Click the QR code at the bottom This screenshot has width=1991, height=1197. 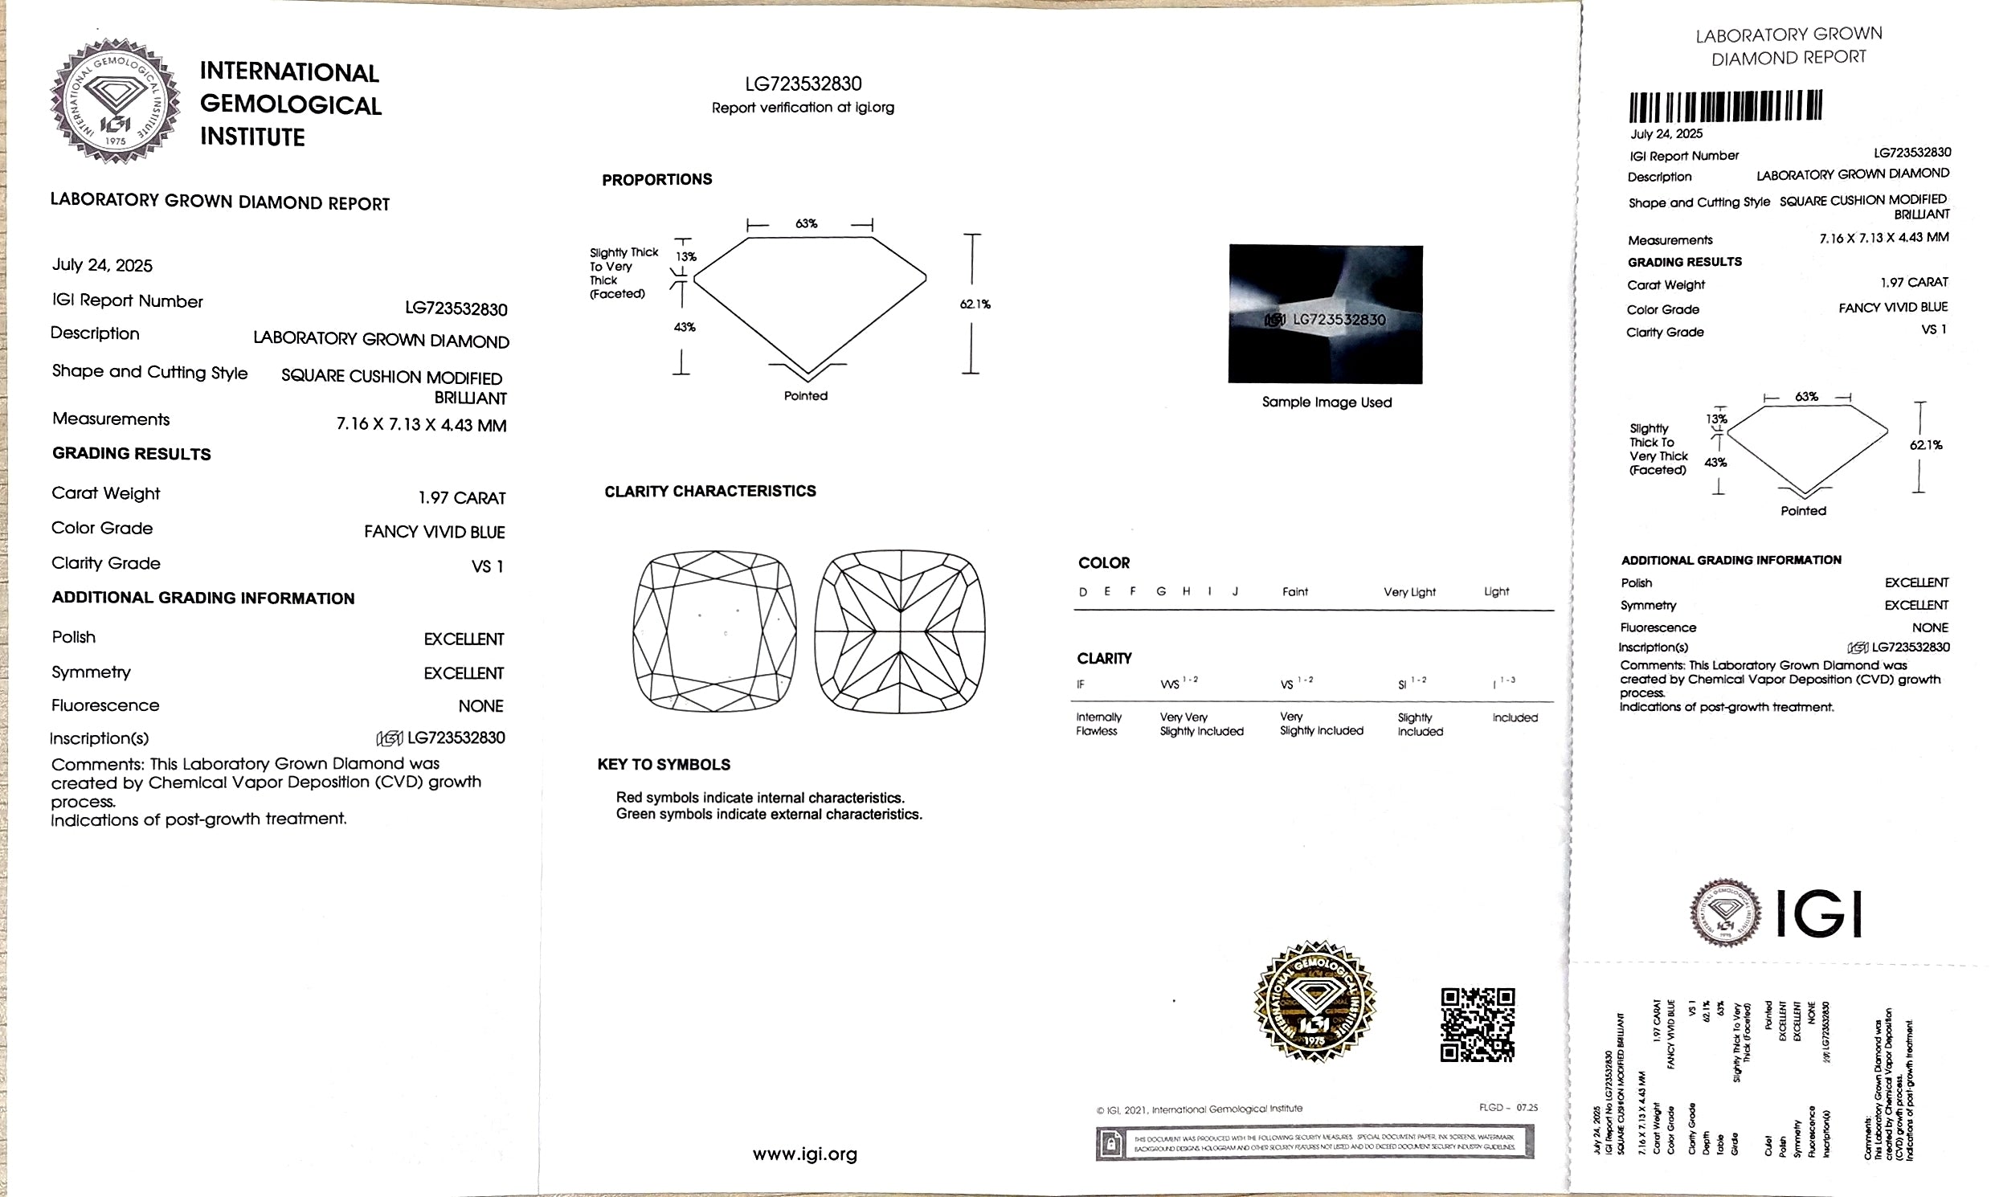click(x=1477, y=1024)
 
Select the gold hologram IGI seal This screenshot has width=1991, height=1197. click(x=1314, y=1001)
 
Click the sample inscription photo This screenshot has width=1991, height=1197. click(x=1325, y=314)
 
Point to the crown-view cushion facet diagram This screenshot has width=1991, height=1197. click(x=715, y=631)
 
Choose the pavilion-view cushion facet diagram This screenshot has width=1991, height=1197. click(x=900, y=631)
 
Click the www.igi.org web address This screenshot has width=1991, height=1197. click(x=804, y=1154)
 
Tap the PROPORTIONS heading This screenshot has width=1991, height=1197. click(x=656, y=180)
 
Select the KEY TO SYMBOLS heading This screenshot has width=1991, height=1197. click(x=663, y=765)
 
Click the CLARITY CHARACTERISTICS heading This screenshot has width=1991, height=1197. click(x=710, y=491)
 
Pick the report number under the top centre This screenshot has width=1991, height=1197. click(x=803, y=84)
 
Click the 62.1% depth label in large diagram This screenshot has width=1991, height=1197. click(x=975, y=304)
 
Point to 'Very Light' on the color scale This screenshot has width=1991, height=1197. click(x=1409, y=592)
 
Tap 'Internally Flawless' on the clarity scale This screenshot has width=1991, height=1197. click(x=1098, y=724)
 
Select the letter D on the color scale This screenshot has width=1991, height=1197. click(x=1082, y=592)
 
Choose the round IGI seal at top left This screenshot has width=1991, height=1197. click(x=115, y=101)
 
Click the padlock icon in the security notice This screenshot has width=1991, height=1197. click(x=1111, y=1144)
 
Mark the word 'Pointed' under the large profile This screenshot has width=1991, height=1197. click(x=805, y=396)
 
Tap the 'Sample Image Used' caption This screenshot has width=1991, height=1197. click(x=1327, y=402)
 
